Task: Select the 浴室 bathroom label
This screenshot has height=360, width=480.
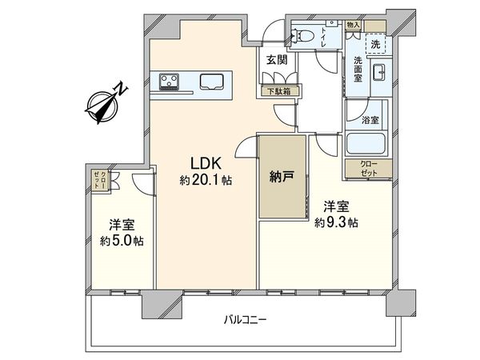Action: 370,121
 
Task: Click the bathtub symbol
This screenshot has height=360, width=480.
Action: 366,145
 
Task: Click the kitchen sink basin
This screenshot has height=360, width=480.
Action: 212,81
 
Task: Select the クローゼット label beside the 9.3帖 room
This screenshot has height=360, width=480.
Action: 366,168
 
